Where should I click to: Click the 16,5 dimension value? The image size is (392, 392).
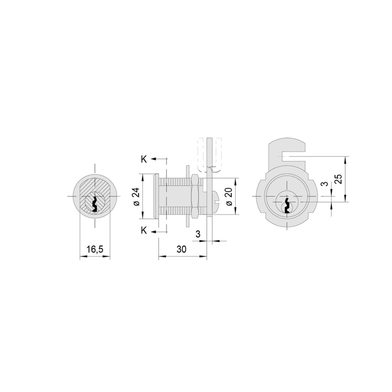(x=95, y=249)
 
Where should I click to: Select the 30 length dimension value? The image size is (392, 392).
(x=182, y=249)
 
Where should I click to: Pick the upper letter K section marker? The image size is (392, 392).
(x=144, y=159)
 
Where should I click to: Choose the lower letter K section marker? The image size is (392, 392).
(x=144, y=231)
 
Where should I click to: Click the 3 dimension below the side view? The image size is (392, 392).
(x=198, y=234)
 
